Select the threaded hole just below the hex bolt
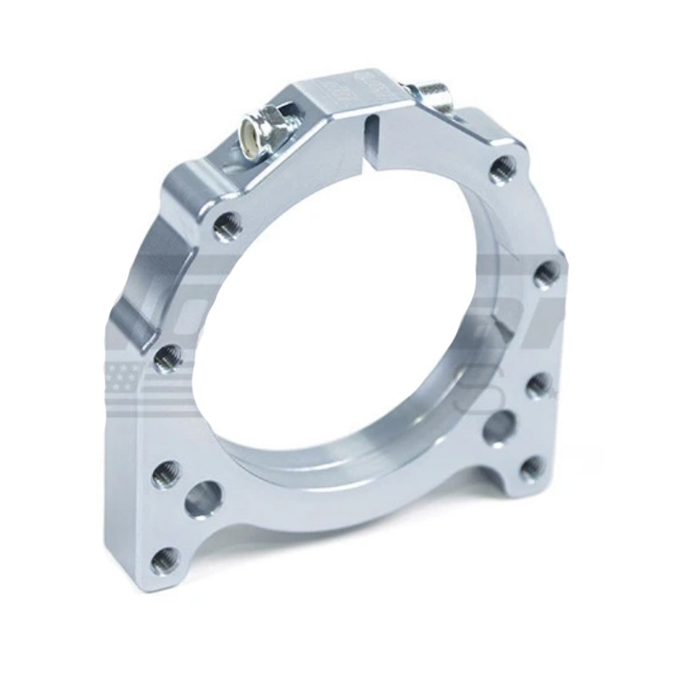(x=228, y=225)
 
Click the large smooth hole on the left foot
(x=203, y=499)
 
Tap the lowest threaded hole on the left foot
(x=166, y=559)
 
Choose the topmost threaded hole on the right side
(x=504, y=166)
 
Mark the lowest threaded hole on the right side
(x=532, y=468)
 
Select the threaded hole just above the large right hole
(x=539, y=385)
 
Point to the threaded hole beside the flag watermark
(x=167, y=358)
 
